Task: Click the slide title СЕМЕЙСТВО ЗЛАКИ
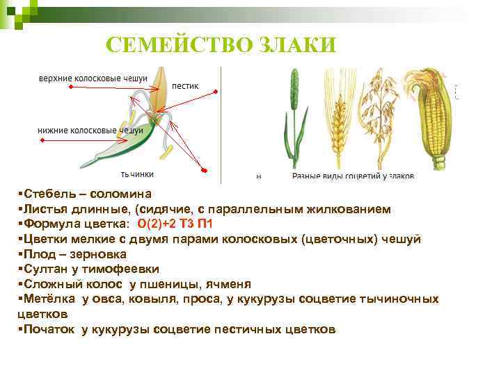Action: point(221,45)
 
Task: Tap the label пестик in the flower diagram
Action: point(185,86)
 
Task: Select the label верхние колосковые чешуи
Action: point(87,78)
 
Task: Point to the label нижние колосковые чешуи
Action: point(90,130)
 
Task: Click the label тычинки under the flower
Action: point(137,174)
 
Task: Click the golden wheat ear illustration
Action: point(340,125)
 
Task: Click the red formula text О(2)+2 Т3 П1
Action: point(175,224)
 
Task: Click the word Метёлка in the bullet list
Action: point(49,299)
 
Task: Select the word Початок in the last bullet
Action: point(49,329)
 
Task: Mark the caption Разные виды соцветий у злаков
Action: point(353,177)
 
